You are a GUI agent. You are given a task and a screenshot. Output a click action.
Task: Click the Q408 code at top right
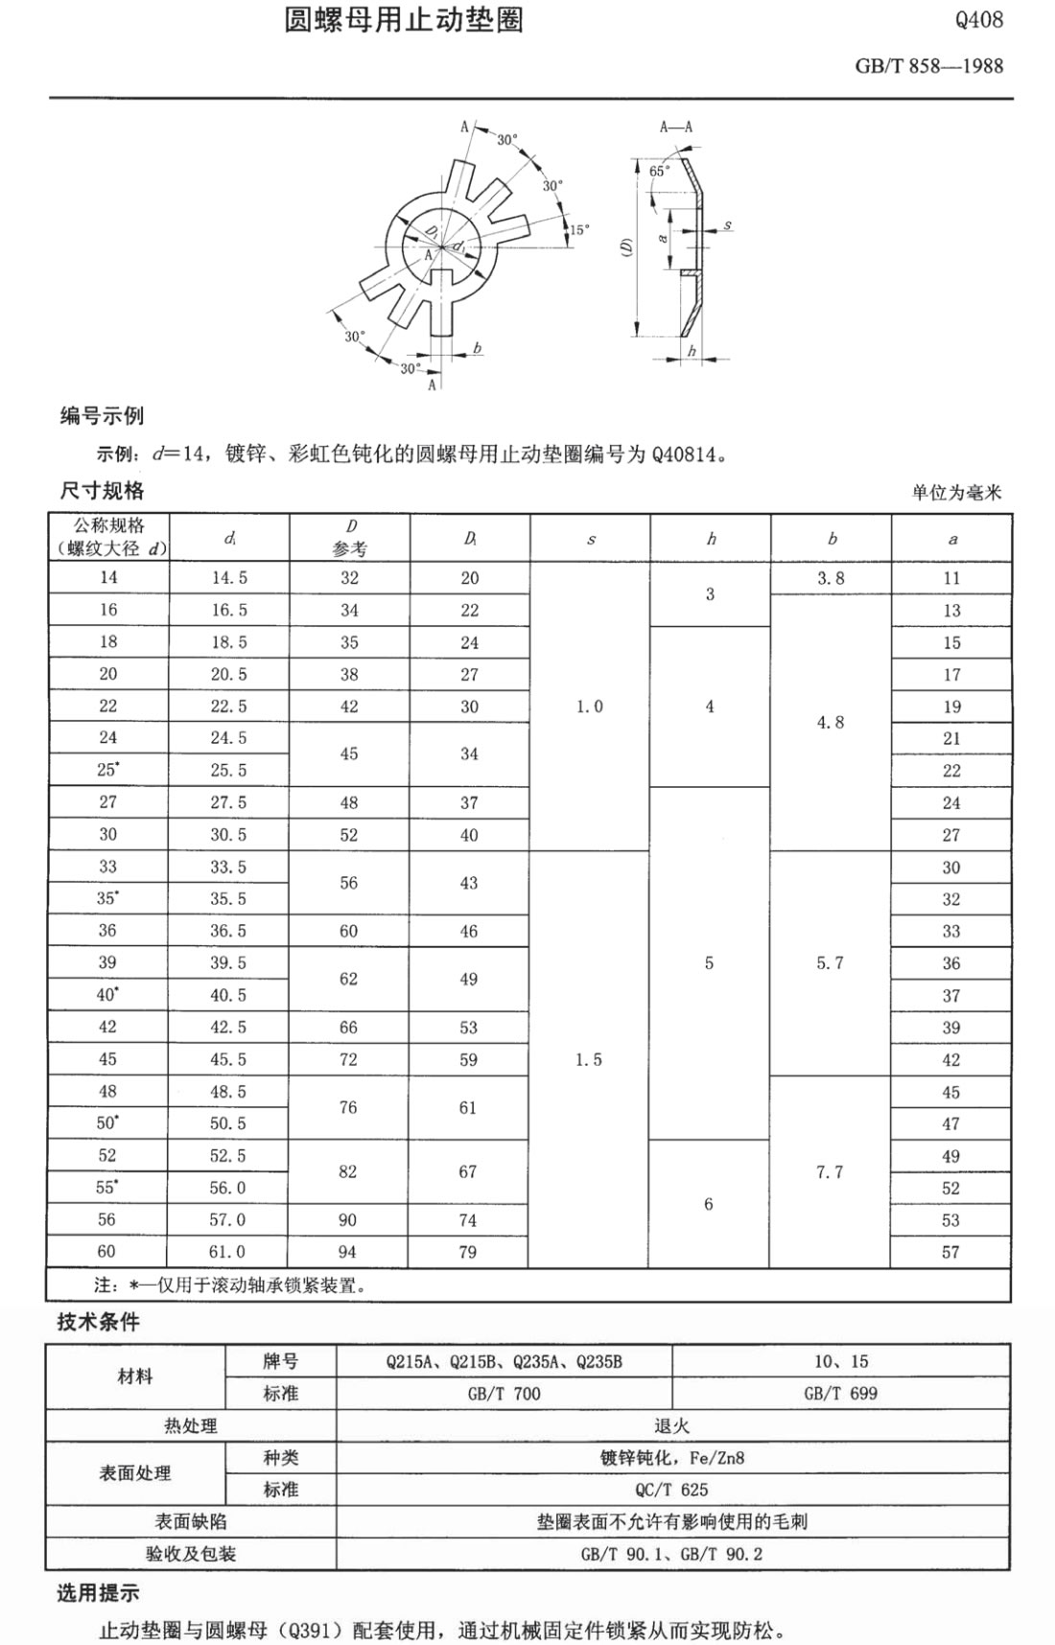[x=978, y=20]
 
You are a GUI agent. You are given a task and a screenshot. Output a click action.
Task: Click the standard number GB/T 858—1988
[x=928, y=66]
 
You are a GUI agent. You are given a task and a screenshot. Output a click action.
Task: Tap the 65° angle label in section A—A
[x=659, y=171]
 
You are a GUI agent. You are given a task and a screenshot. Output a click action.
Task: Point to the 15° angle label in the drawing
[x=579, y=230]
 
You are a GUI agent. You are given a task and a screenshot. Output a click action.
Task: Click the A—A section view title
[x=676, y=127]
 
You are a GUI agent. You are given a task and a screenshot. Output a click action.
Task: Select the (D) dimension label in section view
[x=626, y=246]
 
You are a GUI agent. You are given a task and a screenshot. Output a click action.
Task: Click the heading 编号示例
[x=102, y=416]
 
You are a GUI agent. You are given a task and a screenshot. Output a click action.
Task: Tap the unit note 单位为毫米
[x=955, y=493]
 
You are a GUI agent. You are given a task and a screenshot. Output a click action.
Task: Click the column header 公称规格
[x=109, y=526]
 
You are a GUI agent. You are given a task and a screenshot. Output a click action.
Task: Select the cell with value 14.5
[x=229, y=578]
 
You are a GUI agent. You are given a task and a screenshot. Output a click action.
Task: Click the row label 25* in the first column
[x=109, y=770]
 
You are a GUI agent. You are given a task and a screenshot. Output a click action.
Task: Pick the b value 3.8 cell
[x=831, y=578]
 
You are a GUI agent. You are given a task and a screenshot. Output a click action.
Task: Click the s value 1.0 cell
[x=590, y=707]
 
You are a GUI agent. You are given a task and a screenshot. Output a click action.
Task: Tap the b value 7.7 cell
[x=830, y=1171]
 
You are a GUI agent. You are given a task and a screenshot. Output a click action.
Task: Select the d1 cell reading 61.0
[x=227, y=1252]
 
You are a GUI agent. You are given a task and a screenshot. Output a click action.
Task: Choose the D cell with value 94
[x=347, y=1252]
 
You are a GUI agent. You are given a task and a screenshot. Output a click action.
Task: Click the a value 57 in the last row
[x=950, y=1252]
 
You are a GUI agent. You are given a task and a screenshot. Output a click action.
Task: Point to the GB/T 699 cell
[x=840, y=1394]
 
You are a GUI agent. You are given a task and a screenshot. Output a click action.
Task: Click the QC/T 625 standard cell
[x=671, y=1490]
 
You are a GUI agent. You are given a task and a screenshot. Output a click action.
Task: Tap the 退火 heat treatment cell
[x=671, y=1426]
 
